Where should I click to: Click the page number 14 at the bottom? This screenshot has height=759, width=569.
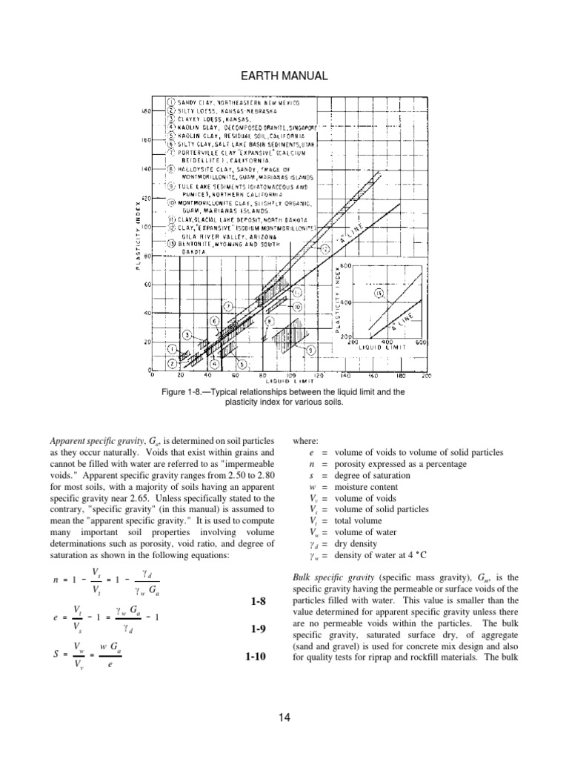(284, 716)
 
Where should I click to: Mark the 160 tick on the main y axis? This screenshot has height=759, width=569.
(146, 139)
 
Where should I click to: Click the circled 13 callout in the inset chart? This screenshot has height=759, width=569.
(380, 294)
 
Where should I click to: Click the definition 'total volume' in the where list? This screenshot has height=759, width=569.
(359, 520)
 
